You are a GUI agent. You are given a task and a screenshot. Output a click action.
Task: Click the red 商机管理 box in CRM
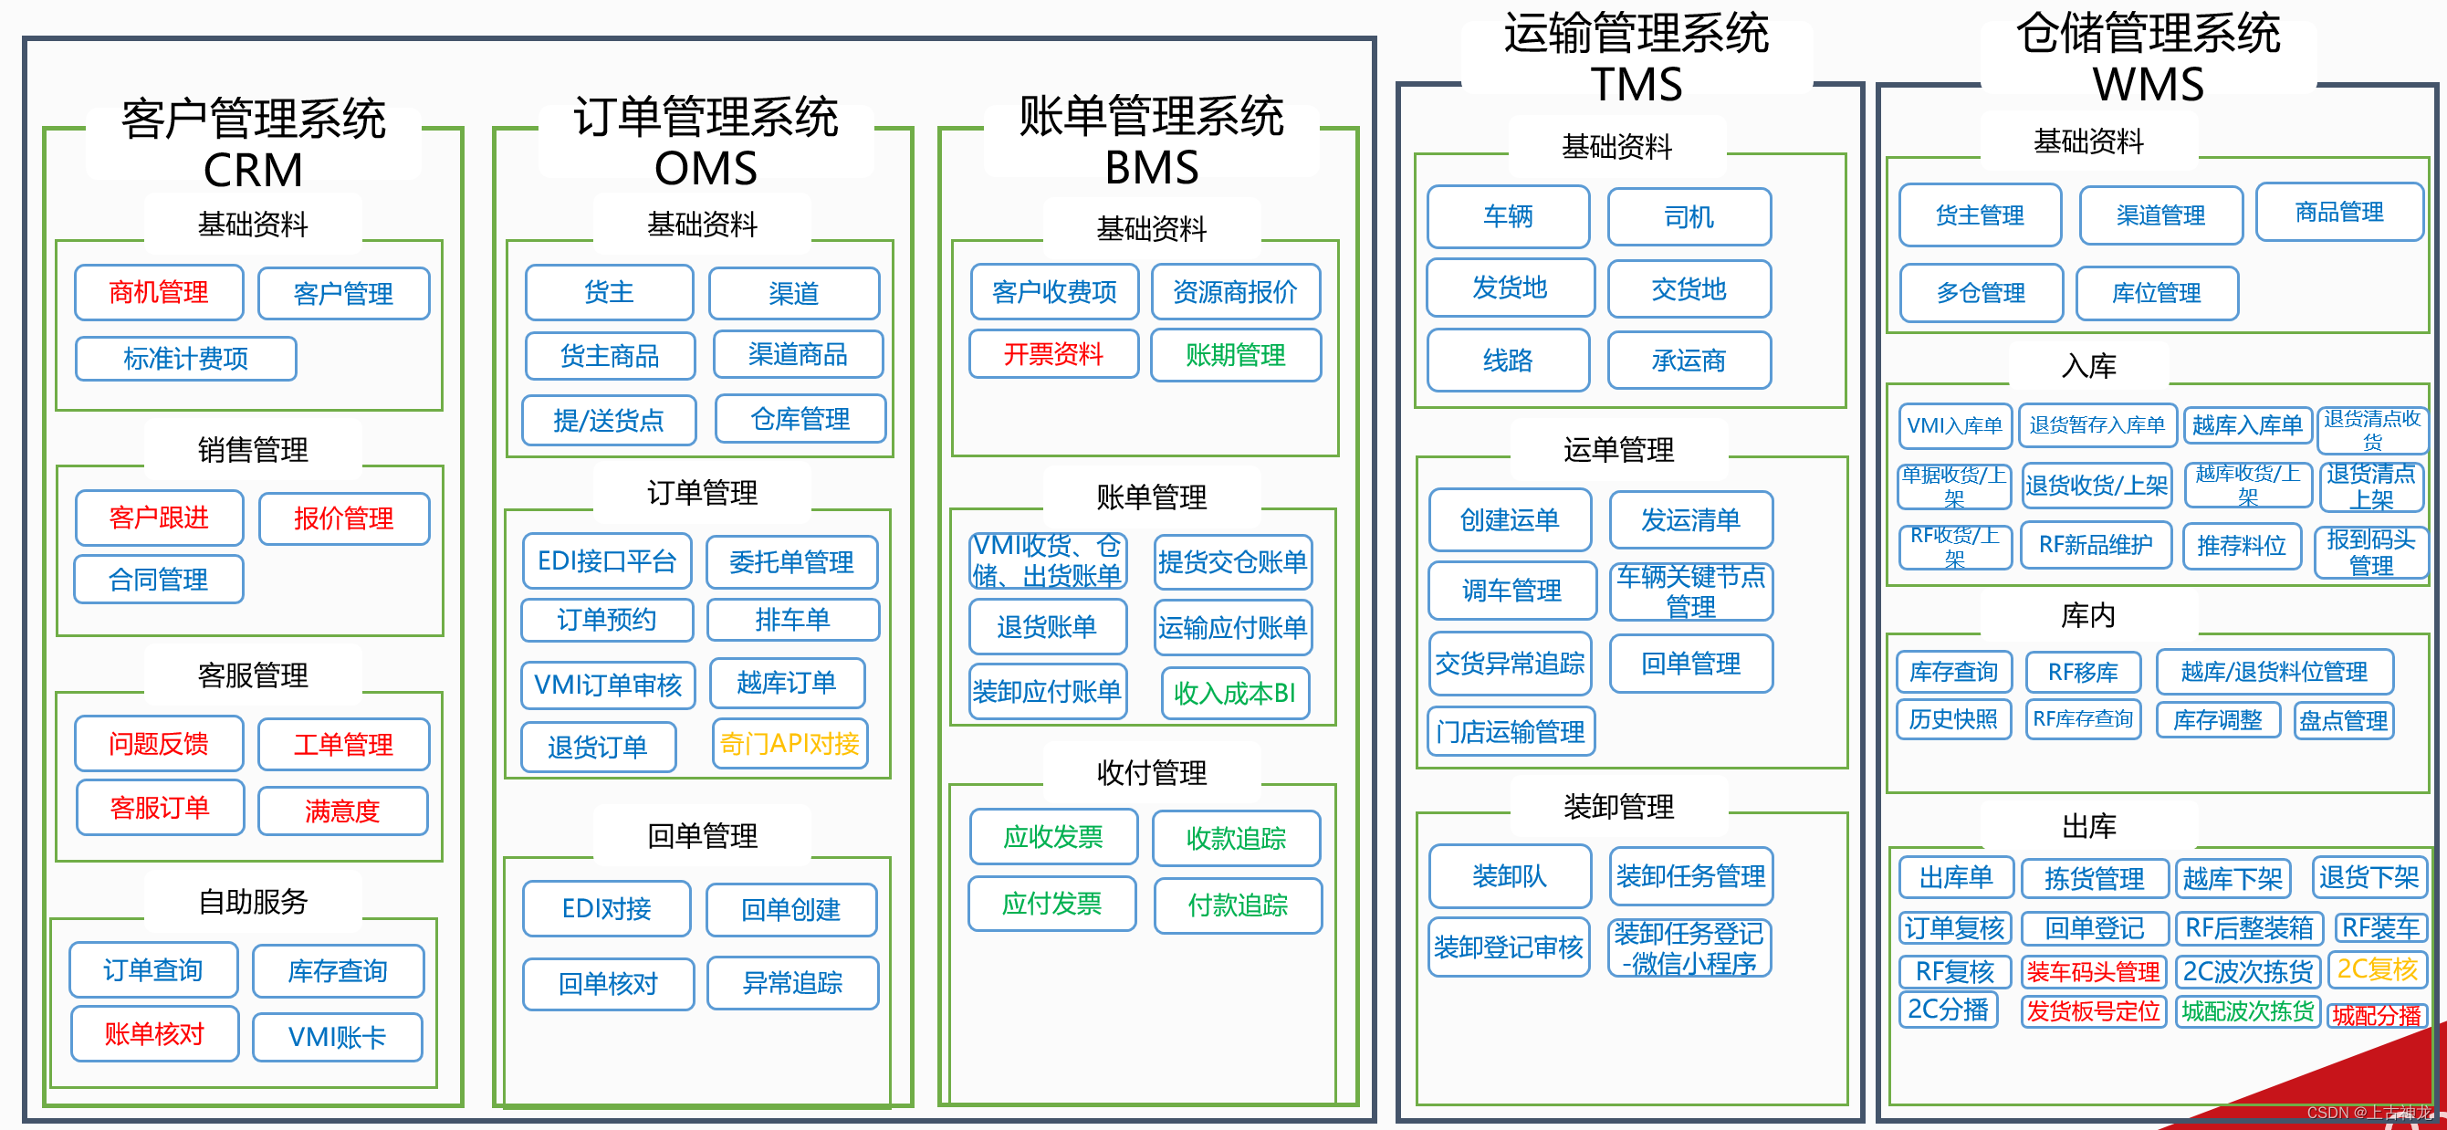click(x=159, y=292)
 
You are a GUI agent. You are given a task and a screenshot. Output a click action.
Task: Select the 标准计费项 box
click(x=186, y=359)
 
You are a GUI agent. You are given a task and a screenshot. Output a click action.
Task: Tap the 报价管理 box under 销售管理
click(x=344, y=518)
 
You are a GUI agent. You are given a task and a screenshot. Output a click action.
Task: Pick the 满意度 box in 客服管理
click(x=343, y=811)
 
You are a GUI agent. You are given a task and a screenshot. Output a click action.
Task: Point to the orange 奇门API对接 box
click(x=790, y=744)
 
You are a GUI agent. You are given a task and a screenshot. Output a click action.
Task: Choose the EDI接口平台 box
click(x=607, y=561)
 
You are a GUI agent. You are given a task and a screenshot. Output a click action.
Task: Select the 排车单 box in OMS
click(x=793, y=620)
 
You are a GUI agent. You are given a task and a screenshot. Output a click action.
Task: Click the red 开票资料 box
click(x=1053, y=354)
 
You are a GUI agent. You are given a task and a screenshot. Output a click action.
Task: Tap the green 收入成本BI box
click(x=1235, y=693)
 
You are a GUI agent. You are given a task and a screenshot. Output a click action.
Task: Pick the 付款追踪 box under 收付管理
click(x=1238, y=905)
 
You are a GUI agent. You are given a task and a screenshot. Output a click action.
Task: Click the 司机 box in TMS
click(x=1689, y=217)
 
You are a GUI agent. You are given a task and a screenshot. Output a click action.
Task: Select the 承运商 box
click(x=1689, y=361)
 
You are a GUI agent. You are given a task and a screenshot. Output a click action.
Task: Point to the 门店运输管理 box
click(x=1511, y=732)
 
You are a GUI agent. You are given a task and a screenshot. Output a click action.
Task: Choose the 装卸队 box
click(x=1510, y=875)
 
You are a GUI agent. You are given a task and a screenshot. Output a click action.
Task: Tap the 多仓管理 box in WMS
click(x=1982, y=293)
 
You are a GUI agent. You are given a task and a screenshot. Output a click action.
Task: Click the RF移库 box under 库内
click(x=2083, y=673)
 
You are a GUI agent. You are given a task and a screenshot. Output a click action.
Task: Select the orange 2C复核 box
click(x=2378, y=969)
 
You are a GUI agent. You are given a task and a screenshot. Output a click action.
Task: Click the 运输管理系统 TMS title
click(x=1637, y=58)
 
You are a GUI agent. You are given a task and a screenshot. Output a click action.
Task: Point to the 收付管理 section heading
click(x=1151, y=773)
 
